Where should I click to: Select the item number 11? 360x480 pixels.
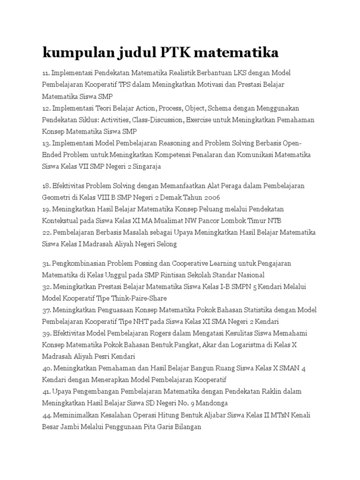point(45,73)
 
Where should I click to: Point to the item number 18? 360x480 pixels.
point(46,186)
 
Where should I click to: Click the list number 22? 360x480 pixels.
point(46,232)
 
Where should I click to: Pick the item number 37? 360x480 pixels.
point(46,310)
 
